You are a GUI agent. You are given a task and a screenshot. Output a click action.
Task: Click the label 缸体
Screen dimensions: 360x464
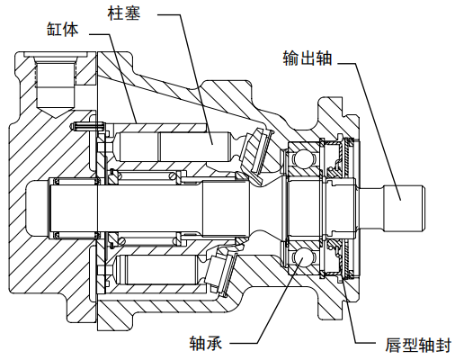click(x=63, y=29)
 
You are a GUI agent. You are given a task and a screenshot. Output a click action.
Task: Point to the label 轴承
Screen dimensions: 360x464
click(x=205, y=342)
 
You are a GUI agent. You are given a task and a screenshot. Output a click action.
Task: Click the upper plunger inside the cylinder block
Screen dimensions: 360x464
click(x=171, y=145)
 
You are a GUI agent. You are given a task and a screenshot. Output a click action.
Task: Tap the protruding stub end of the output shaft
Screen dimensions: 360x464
click(x=404, y=204)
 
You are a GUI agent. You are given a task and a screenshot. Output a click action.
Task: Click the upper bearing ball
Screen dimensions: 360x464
click(x=298, y=159)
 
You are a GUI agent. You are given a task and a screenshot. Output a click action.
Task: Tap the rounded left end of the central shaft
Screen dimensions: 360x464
click(x=33, y=206)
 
